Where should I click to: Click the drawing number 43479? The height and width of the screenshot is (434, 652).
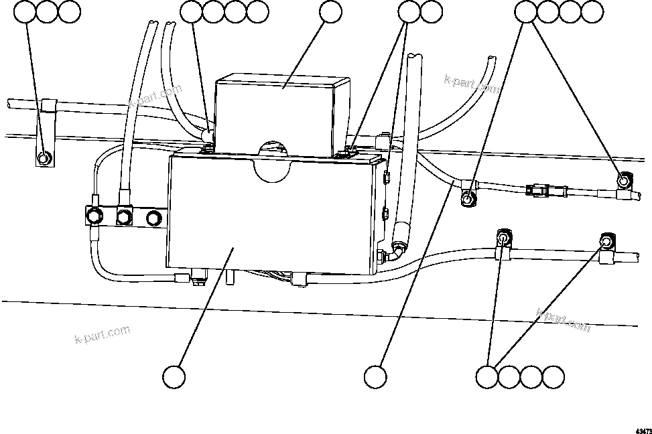pos(641,429)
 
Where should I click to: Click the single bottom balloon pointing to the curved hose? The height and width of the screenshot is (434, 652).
pos(375,376)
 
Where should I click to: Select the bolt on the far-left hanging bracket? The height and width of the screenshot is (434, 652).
pos(43,159)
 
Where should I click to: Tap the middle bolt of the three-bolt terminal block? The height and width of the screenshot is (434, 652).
pos(123,216)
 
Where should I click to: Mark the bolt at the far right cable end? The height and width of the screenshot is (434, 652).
pos(623,179)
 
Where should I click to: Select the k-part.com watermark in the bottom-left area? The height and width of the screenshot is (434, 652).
pos(102,333)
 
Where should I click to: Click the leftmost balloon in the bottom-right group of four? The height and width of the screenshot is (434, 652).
pos(488,376)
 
